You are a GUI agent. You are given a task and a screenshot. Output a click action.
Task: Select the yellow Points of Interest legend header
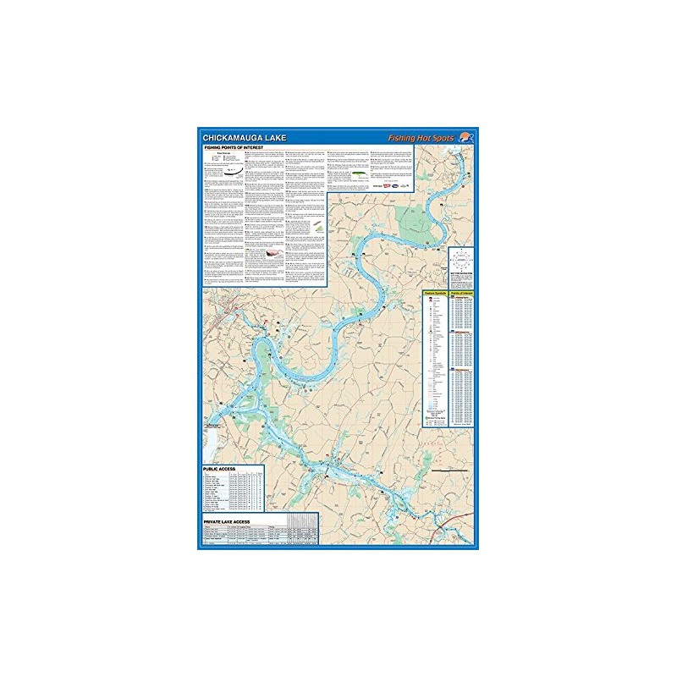459,292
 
